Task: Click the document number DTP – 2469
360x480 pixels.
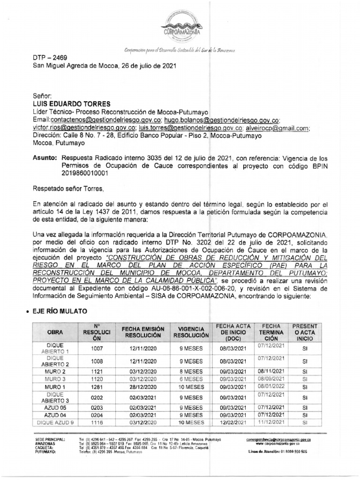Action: [x=50, y=58]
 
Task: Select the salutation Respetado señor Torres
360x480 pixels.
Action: [x=66, y=189]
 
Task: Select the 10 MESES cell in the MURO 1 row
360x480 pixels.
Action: [x=190, y=387]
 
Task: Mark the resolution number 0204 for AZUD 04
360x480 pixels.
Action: [x=96, y=415]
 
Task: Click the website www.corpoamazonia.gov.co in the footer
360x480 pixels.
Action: [x=278, y=443]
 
